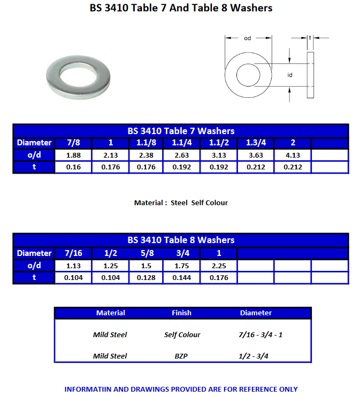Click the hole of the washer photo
point(78,75)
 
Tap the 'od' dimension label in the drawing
point(248,38)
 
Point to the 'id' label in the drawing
point(290,75)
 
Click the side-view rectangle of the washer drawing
point(310,75)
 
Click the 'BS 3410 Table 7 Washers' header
point(181,131)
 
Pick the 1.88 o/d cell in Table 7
point(73,155)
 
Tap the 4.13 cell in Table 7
point(293,155)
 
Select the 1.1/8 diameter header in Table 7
point(146,143)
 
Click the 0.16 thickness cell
point(73,167)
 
